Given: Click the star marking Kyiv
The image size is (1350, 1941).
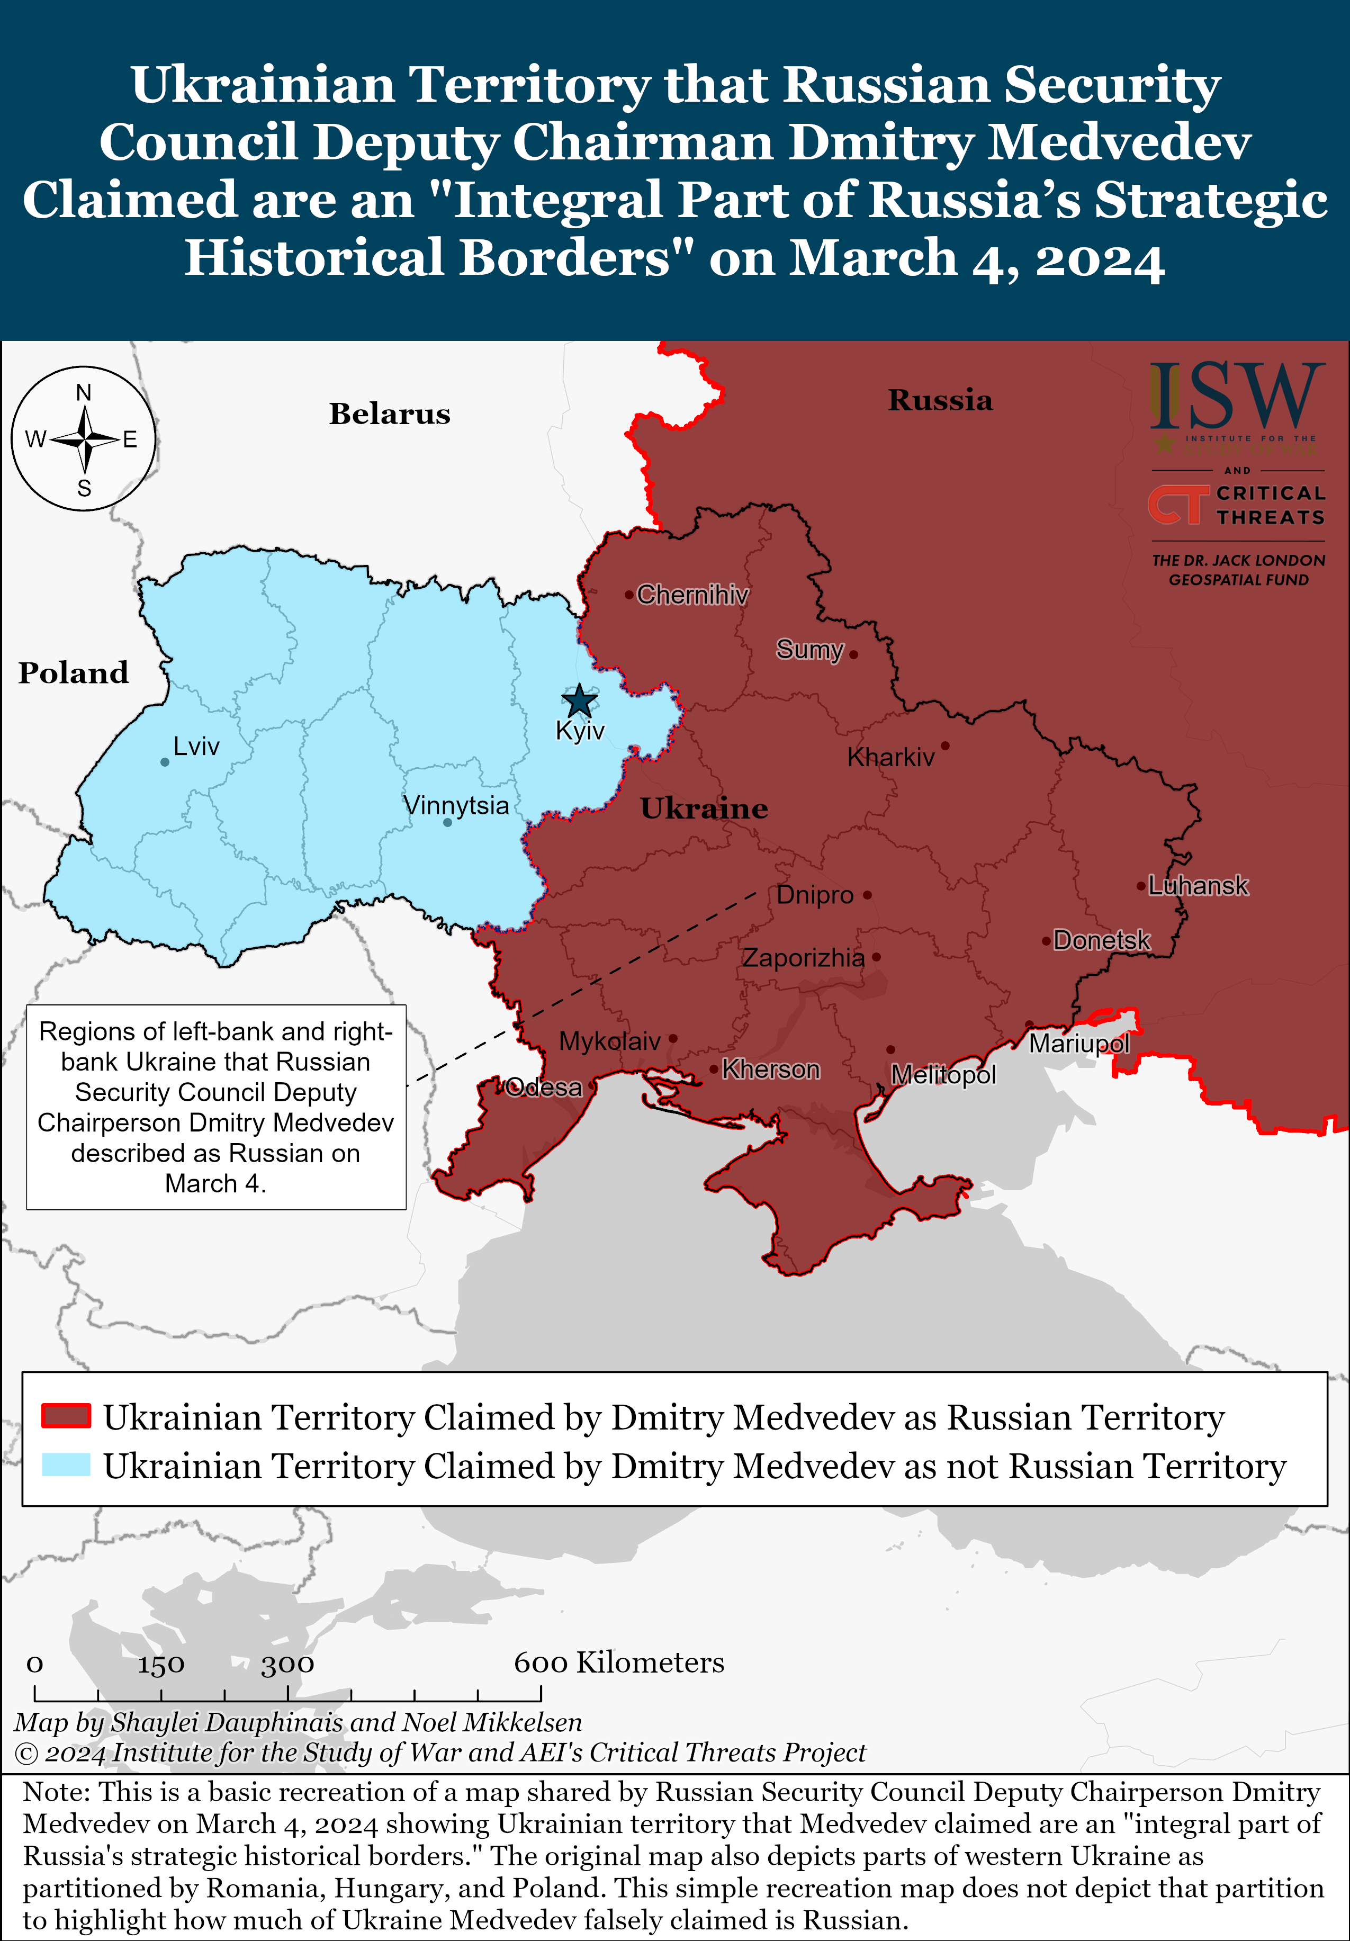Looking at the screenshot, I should pyautogui.click(x=579, y=701).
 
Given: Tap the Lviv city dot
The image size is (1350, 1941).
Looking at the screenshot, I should pyautogui.click(x=165, y=762).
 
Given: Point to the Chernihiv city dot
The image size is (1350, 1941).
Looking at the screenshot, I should pyautogui.click(x=629, y=594).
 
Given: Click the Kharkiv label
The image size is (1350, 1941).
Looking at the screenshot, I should pyautogui.click(x=891, y=757).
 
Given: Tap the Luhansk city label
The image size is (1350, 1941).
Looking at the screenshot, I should pyautogui.click(x=1198, y=885).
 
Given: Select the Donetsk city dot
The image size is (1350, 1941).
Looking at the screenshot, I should pyautogui.click(x=1046, y=940).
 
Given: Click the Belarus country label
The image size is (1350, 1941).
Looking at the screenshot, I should pyautogui.click(x=390, y=414).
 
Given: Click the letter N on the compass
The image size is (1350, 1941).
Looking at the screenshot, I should pyautogui.click(x=84, y=392).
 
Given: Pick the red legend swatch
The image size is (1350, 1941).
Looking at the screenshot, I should pyautogui.click(x=66, y=1416).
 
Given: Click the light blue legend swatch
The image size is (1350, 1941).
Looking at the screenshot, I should pyautogui.click(x=66, y=1464).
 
